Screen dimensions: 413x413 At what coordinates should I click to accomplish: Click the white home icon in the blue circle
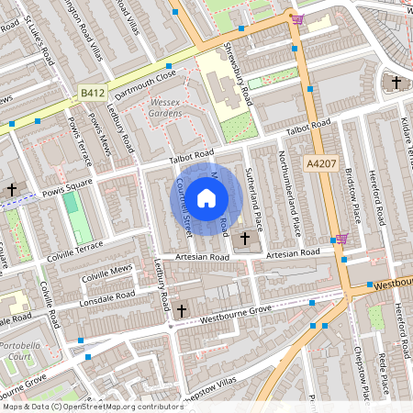coord(206,197)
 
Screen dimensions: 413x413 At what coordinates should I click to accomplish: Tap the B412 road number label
coord(92,94)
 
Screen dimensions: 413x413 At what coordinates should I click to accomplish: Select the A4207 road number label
coord(319,163)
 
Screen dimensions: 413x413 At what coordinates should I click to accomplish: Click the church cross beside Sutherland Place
coord(244,239)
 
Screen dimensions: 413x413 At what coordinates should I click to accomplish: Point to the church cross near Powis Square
coord(12,190)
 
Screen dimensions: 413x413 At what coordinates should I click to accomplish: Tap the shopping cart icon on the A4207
coord(341,239)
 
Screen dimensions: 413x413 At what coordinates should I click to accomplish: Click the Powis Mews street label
coord(97,139)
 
